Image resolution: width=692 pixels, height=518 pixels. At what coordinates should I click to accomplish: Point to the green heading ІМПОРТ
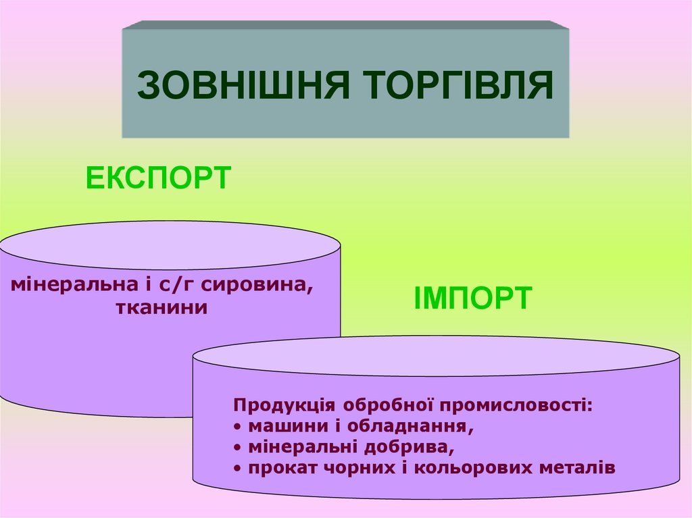[472, 298]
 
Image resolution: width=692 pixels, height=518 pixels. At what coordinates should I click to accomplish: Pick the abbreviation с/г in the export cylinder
[175, 285]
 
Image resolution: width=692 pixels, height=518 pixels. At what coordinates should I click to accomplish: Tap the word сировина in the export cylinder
[257, 285]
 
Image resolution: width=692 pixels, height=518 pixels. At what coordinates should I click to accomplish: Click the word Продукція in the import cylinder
[283, 405]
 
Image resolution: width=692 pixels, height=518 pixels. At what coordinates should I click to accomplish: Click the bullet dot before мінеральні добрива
[239, 448]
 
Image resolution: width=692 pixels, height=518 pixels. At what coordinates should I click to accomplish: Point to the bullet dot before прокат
[239, 469]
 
